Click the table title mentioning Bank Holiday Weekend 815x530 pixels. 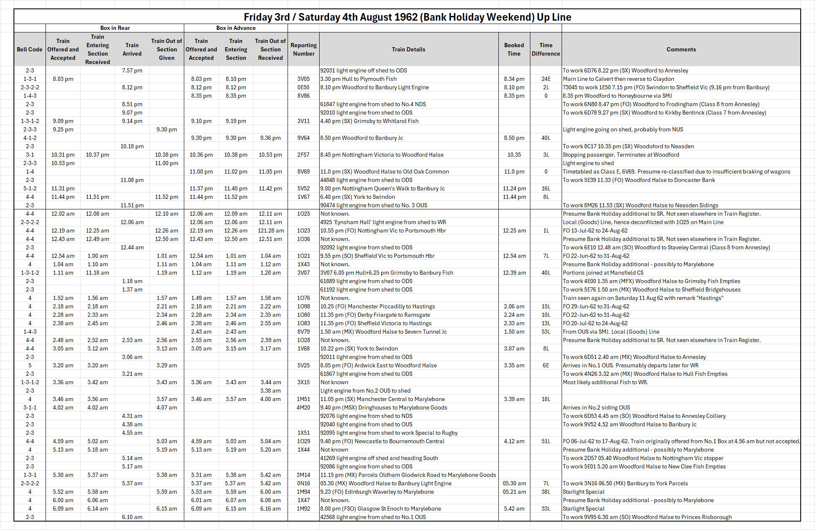click(407, 17)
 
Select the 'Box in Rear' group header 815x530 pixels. click(115, 28)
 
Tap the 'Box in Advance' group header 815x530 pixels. click(236, 28)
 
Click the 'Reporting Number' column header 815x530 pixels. click(304, 49)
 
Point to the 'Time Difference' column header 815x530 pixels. click(546, 49)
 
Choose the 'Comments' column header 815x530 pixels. click(681, 49)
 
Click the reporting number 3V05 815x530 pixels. click(304, 79)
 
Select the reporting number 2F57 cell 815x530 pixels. click(304, 155)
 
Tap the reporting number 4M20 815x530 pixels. click(304, 407)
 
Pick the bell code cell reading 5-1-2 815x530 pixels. click(30, 188)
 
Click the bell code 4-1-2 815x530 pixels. click(30, 138)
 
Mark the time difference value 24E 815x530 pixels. click(546, 79)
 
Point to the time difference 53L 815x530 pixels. click(546, 332)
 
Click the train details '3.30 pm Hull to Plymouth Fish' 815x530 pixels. click(358, 79)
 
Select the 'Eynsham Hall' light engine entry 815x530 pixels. click(383, 222)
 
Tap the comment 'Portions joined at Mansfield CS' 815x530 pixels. click(603, 273)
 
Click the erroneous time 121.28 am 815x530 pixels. click(271, 230)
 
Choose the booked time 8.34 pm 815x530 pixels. click(514, 79)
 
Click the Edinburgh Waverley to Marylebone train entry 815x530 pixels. click(377, 492)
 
